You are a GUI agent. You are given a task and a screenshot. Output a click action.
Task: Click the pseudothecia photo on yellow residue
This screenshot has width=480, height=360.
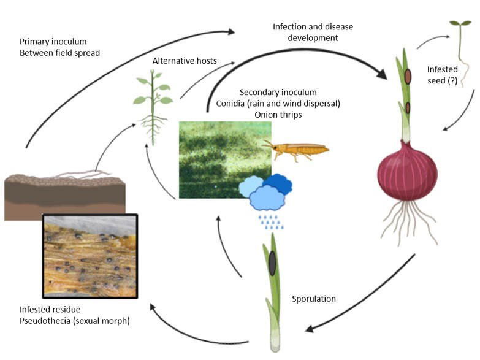click(x=89, y=255)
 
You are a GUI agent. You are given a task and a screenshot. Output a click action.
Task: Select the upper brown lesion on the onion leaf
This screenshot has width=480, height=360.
click(x=407, y=77)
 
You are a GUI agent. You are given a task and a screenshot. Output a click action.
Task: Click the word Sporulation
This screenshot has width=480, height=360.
click(x=314, y=299)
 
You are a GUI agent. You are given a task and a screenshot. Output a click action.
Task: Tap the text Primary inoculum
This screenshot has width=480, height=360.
click(x=53, y=42)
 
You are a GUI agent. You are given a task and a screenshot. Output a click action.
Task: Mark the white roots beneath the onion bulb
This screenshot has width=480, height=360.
click(x=408, y=217)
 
